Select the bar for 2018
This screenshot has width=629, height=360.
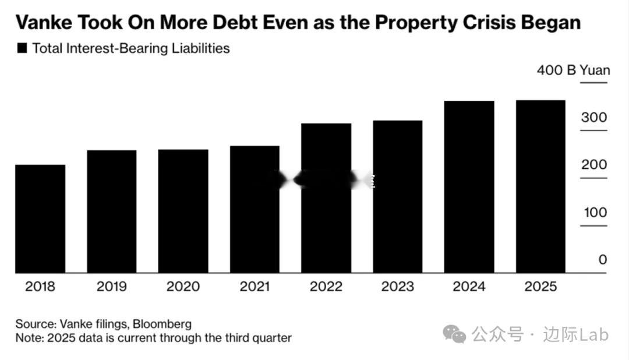(x=40, y=218)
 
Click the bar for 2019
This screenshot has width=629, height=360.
(x=112, y=211)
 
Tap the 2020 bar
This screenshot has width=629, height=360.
(x=183, y=211)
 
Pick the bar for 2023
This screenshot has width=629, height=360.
(x=398, y=196)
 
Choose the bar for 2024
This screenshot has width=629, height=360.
(x=469, y=186)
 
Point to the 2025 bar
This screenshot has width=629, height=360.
(x=540, y=186)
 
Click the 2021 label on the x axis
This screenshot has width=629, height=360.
(x=255, y=287)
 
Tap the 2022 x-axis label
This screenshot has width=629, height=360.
(x=326, y=287)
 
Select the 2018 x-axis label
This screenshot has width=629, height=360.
(x=40, y=287)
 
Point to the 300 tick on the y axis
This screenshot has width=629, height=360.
(x=593, y=117)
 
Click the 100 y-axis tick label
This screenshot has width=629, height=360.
(x=595, y=213)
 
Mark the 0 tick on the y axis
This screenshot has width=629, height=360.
(x=602, y=260)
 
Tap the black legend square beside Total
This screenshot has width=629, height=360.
(x=22, y=48)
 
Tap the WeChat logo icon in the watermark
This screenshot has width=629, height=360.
(x=454, y=334)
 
